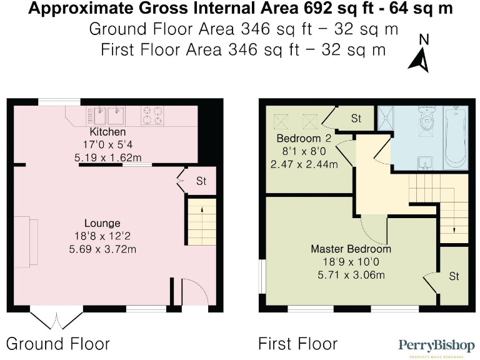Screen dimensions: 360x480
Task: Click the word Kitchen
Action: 107,132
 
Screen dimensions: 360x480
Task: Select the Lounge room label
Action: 102,223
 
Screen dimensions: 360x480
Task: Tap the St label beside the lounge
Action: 201,181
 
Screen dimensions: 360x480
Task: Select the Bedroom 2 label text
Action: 304,138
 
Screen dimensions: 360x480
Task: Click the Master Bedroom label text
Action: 351,249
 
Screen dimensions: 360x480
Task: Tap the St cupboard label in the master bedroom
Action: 454,276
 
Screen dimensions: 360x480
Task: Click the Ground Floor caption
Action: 58,343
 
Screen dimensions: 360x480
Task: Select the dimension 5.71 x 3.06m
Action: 351,274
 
